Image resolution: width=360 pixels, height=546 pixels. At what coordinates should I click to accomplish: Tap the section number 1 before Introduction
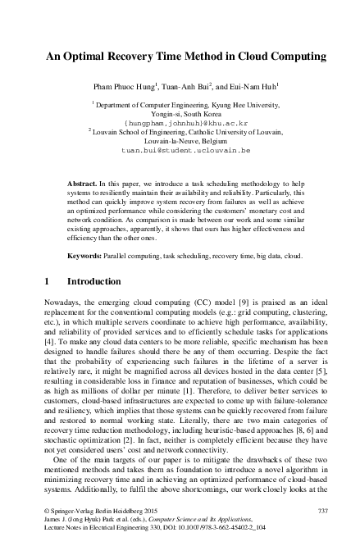coord(45,281)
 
